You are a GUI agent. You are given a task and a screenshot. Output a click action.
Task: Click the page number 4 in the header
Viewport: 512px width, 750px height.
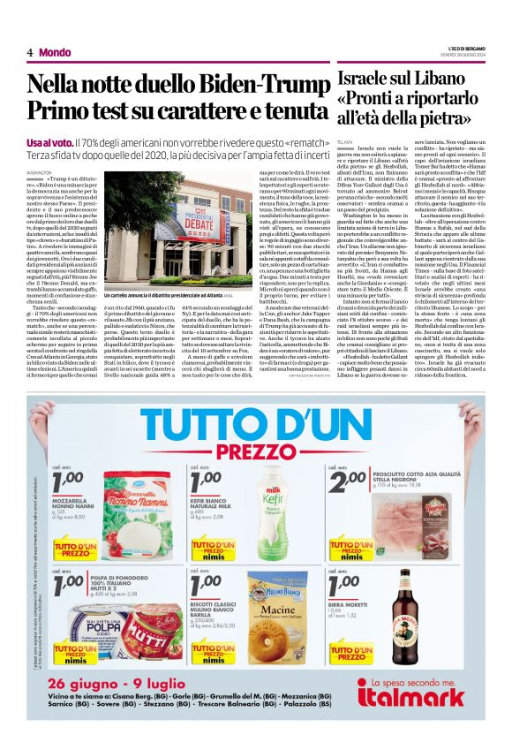pos(30,52)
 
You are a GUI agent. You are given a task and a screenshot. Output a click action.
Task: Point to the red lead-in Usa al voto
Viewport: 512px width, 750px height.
pos(49,141)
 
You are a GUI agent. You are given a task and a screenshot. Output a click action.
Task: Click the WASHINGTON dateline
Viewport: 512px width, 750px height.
pos(39,173)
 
